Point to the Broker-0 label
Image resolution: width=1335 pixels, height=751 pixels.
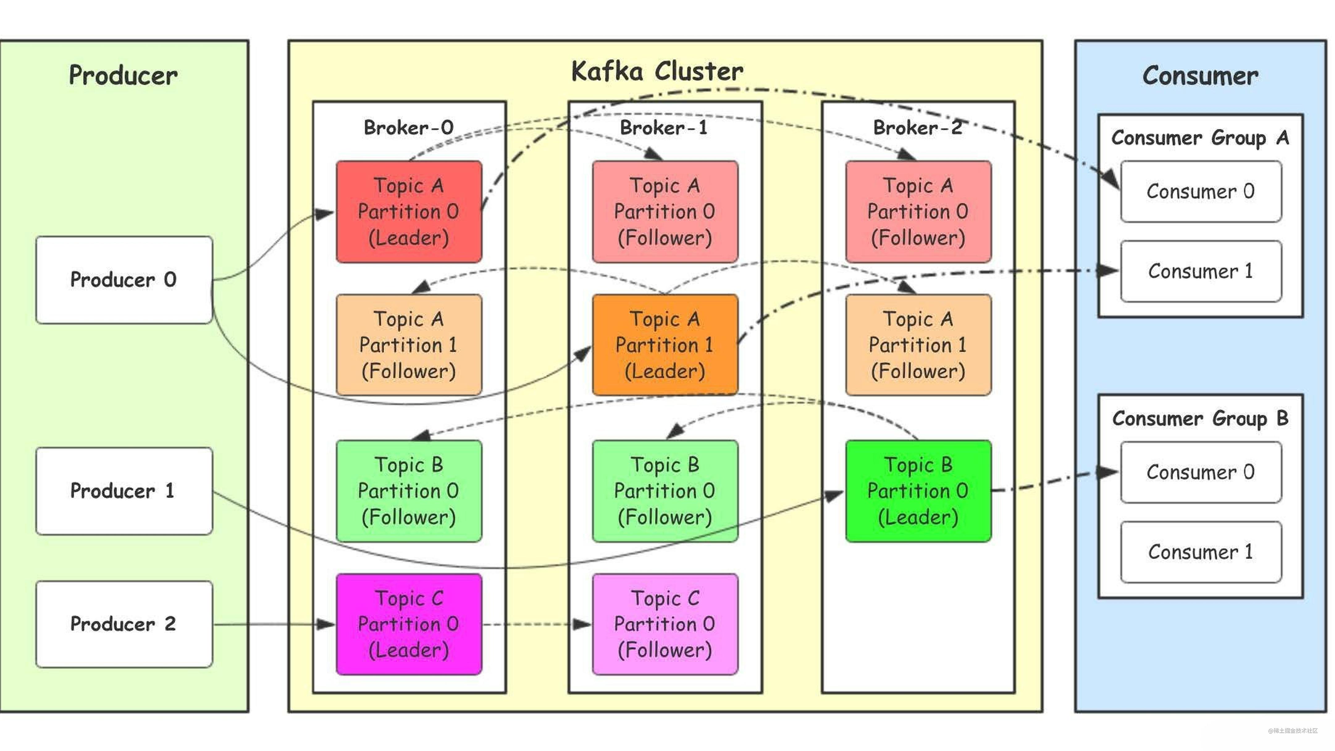[408, 127]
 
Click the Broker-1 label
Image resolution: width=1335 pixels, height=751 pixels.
[664, 127]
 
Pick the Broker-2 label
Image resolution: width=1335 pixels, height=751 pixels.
[917, 127]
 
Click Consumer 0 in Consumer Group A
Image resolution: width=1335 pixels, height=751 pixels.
[1200, 191]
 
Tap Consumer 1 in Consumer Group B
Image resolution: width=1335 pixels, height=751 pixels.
[1200, 552]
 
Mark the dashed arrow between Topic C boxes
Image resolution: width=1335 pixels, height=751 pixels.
[536, 624]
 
